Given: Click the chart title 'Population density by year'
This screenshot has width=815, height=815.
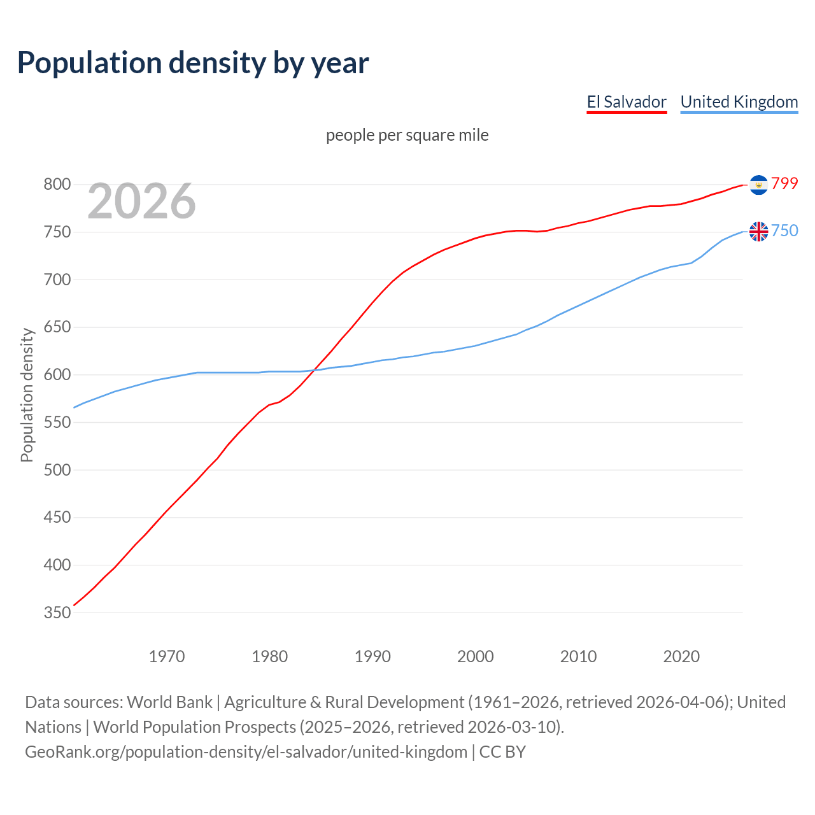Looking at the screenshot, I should click(x=193, y=62).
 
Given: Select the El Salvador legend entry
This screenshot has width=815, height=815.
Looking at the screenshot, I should click(x=627, y=102).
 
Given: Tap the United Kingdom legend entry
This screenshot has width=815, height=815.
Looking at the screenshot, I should click(x=739, y=102).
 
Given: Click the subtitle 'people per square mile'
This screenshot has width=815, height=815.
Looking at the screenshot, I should click(x=407, y=135).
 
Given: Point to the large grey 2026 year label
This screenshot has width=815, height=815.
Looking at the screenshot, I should click(x=141, y=201).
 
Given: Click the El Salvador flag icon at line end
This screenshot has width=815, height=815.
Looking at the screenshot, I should click(x=758, y=185).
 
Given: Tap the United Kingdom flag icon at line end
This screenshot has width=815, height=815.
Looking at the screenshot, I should click(x=758, y=231).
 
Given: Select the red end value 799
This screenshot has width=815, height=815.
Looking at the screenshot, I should click(x=784, y=183).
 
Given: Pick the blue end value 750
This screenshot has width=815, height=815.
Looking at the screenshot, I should click(x=784, y=230).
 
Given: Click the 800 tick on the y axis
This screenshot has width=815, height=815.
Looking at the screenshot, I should click(x=57, y=185).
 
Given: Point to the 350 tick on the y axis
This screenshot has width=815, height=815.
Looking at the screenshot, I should click(x=57, y=613).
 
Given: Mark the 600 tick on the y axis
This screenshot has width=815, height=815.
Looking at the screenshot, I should click(x=57, y=375).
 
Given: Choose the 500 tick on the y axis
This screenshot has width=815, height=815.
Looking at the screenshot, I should click(x=57, y=470).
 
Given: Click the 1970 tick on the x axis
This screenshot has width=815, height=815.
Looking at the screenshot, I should click(x=167, y=656).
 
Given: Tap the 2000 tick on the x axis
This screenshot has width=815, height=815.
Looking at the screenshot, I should click(x=475, y=656).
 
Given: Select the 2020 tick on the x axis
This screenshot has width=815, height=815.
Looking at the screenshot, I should click(x=681, y=656).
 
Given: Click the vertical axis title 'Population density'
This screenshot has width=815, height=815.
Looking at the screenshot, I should click(x=27, y=395).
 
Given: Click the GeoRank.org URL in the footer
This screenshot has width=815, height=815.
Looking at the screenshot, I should click(x=246, y=752).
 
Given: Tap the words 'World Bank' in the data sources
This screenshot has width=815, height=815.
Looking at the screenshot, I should click(x=169, y=702).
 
